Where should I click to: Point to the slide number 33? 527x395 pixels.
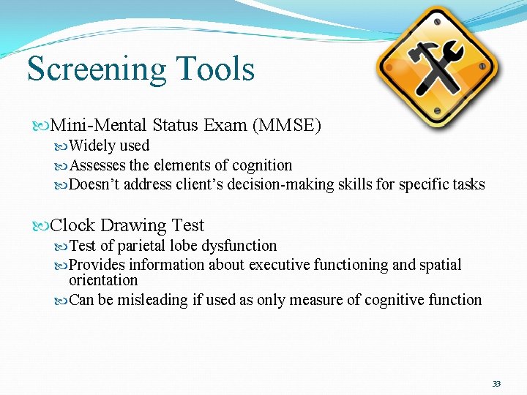(496, 384)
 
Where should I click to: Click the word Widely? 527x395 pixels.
(93, 146)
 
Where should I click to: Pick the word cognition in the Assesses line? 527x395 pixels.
(262, 165)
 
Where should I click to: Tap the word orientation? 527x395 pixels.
(103, 280)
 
